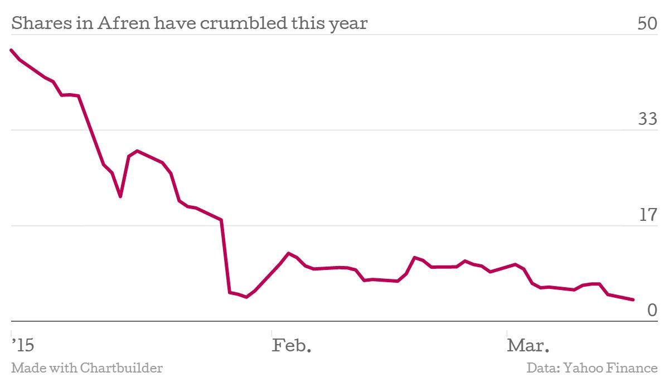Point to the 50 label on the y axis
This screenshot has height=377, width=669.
click(x=648, y=24)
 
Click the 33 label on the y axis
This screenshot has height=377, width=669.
click(x=648, y=119)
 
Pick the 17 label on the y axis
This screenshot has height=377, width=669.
click(x=648, y=215)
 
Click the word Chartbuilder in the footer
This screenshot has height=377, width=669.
click(x=121, y=368)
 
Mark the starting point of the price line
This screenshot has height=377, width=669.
click(x=11, y=50)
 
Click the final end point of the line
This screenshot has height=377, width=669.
click(x=633, y=300)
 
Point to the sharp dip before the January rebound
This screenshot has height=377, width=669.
click(x=120, y=196)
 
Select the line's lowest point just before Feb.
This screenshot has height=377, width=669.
click(x=246, y=297)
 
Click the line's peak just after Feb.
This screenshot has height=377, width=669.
click(x=288, y=253)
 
